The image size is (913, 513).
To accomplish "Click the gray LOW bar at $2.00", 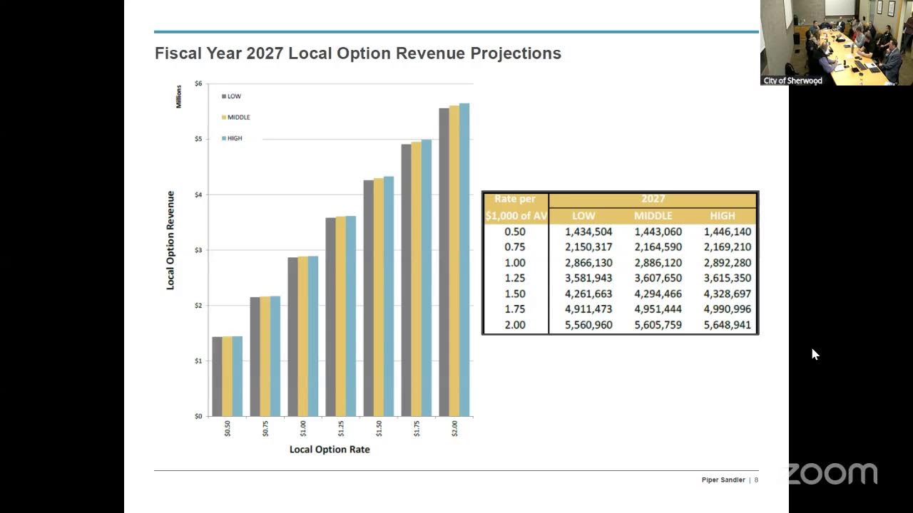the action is click(444, 262).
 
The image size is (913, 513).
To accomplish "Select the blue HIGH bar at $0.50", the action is click(238, 376).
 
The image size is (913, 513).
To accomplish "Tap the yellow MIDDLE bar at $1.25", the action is click(341, 316).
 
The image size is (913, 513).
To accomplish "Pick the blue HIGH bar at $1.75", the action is click(427, 278).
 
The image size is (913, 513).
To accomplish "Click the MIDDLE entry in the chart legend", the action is click(235, 118).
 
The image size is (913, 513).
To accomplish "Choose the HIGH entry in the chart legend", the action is click(232, 138).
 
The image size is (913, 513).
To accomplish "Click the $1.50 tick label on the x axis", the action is click(379, 429).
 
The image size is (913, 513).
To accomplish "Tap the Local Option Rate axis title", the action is click(330, 450).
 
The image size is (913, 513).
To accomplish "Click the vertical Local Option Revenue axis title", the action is click(170, 240).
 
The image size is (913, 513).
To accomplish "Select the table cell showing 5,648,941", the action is click(727, 325).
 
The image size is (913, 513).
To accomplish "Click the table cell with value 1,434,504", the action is click(588, 232).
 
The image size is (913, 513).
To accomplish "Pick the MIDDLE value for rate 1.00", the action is click(658, 263).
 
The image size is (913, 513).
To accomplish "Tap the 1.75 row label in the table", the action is click(515, 309).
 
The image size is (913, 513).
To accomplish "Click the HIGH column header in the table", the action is click(723, 215).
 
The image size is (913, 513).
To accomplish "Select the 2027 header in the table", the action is click(653, 199).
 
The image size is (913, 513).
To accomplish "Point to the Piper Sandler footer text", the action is click(723, 480).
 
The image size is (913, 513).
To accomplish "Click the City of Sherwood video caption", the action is click(792, 81).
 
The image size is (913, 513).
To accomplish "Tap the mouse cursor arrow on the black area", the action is click(815, 354).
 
